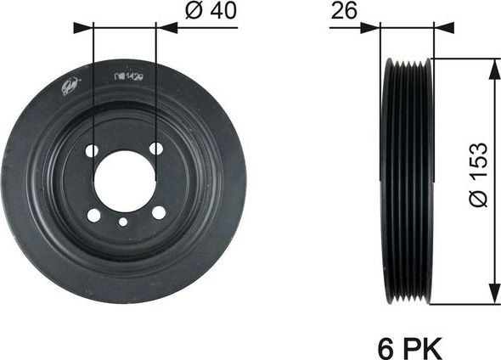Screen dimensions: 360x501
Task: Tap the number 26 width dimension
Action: [x=342, y=12]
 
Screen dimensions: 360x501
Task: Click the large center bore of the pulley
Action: [x=124, y=180]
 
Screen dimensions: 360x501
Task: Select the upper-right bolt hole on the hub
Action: [x=156, y=149]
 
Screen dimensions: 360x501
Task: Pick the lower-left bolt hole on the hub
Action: [x=93, y=215]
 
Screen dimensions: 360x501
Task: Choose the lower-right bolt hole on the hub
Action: [x=158, y=213]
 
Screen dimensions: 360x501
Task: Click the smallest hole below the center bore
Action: [x=124, y=222]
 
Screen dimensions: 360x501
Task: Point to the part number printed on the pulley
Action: [x=127, y=76]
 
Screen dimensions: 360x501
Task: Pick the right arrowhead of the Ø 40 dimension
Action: [x=166, y=27]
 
